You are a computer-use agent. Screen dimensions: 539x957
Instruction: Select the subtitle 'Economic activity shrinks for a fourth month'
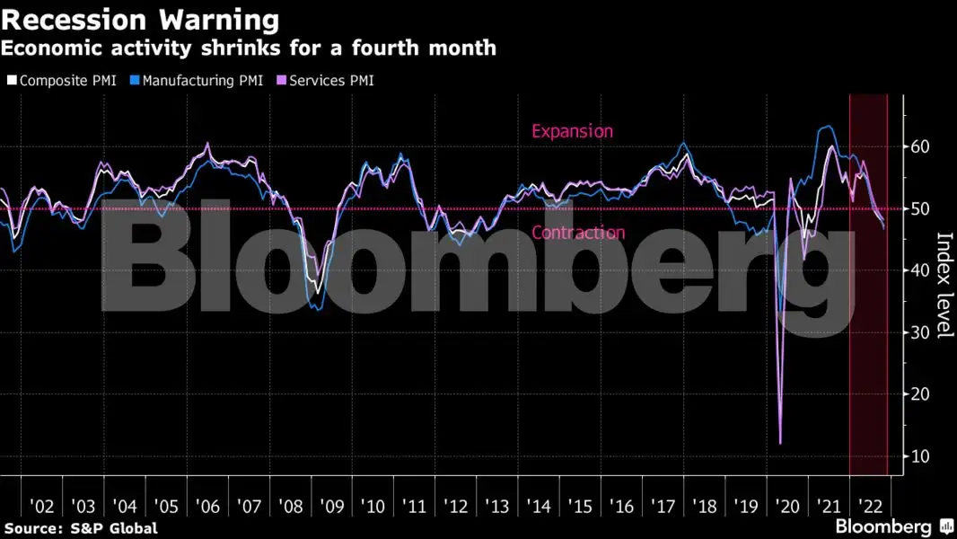click(x=250, y=49)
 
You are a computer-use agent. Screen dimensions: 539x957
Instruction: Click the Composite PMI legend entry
click(x=60, y=81)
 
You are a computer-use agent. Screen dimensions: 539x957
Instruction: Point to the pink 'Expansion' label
click(x=572, y=131)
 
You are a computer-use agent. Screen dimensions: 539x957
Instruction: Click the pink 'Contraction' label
click(x=577, y=233)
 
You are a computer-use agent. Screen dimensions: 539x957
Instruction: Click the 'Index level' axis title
click(x=944, y=286)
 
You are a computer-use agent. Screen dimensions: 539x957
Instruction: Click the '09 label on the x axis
click(x=332, y=507)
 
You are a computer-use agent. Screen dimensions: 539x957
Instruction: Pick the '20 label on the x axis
click(x=787, y=507)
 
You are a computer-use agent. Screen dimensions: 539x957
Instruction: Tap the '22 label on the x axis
click(x=869, y=507)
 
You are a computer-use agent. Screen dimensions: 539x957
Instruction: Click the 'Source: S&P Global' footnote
click(x=81, y=528)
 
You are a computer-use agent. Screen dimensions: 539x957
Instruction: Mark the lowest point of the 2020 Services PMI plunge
click(x=780, y=443)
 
